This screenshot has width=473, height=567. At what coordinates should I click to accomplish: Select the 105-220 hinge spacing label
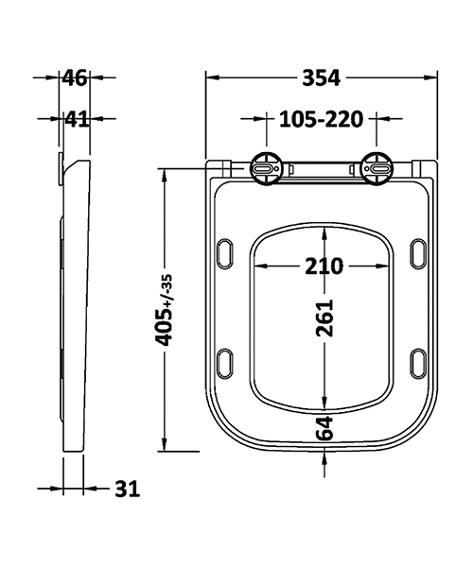point(323,119)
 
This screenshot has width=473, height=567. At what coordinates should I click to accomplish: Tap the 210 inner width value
point(323,266)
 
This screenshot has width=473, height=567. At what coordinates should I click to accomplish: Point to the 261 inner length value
point(325,324)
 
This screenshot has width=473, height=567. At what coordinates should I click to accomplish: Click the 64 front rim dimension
point(325,427)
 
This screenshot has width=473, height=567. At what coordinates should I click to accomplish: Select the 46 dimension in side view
point(75,78)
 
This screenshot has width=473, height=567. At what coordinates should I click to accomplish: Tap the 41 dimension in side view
point(75,119)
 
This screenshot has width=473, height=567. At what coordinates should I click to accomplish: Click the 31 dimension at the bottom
point(127,489)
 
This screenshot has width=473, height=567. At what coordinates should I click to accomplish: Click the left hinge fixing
point(264,169)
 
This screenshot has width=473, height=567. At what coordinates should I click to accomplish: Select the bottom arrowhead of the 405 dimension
point(165,447)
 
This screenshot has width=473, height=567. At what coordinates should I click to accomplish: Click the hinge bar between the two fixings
point(322,169)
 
